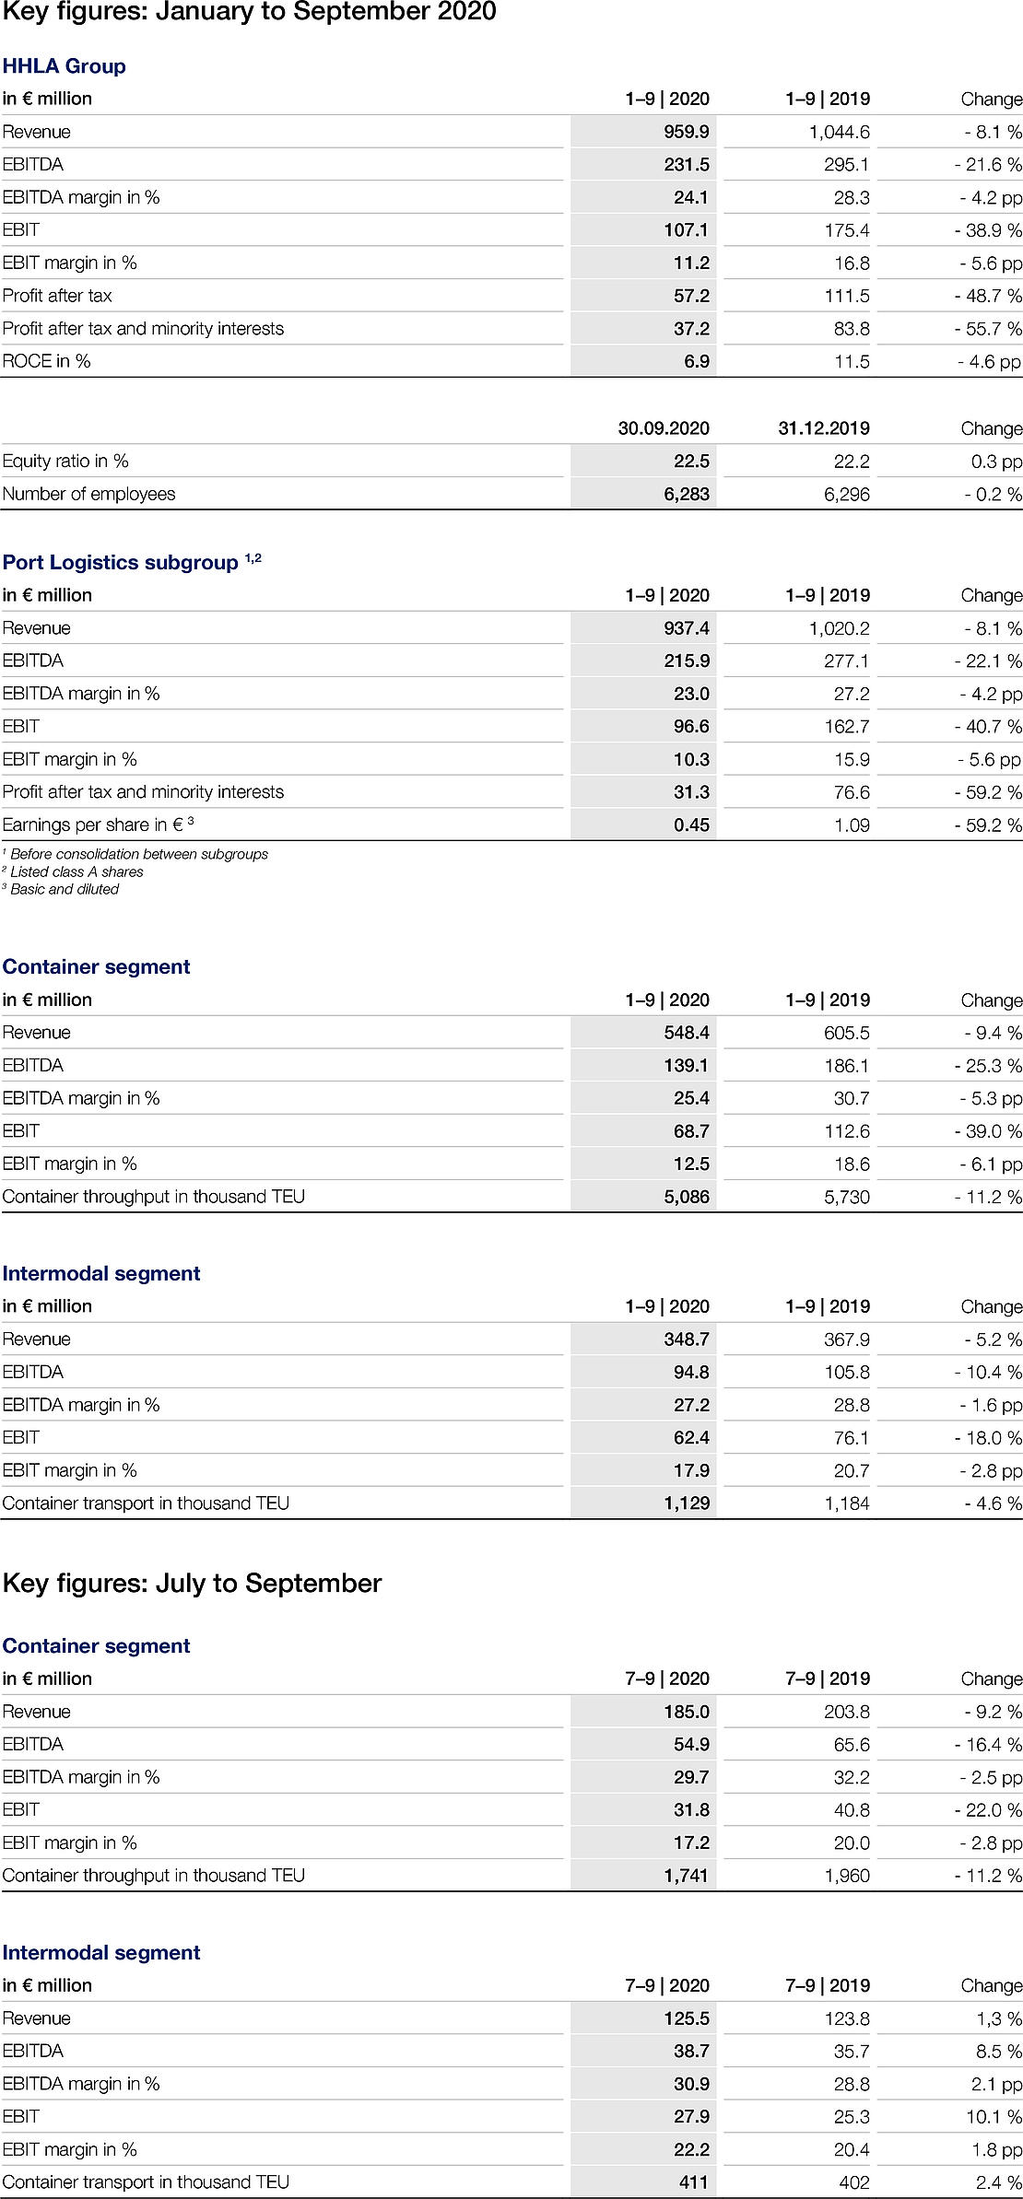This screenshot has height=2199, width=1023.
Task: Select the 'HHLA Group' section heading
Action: tap(64, 66)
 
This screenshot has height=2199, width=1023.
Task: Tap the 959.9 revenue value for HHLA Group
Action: tap(686, 132)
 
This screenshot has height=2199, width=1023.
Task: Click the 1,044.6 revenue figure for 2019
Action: tap(839, 132)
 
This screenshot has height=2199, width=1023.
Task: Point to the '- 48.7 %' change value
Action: tap(988, 296)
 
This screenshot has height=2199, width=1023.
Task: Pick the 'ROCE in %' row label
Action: tap(47, 361)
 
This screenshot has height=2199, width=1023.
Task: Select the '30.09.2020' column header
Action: tap(664, 428)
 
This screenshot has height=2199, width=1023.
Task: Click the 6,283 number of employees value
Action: tap(687, 494)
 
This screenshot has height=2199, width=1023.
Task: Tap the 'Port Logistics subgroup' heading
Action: tap(121, 563)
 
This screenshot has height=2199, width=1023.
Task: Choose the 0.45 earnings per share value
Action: tap(691, 825)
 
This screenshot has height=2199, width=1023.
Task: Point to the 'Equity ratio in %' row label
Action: tap(65, 461)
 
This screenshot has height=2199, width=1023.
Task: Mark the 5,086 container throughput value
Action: tap(687, 1197)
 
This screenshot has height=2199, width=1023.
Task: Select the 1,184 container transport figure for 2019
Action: tap(848, 1503)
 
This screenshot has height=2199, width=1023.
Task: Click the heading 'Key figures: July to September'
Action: tap(192, 1583)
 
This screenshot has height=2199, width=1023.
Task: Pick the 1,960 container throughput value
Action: tap(848, 1876)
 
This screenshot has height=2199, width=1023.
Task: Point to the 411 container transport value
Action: tap(694, 2182)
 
